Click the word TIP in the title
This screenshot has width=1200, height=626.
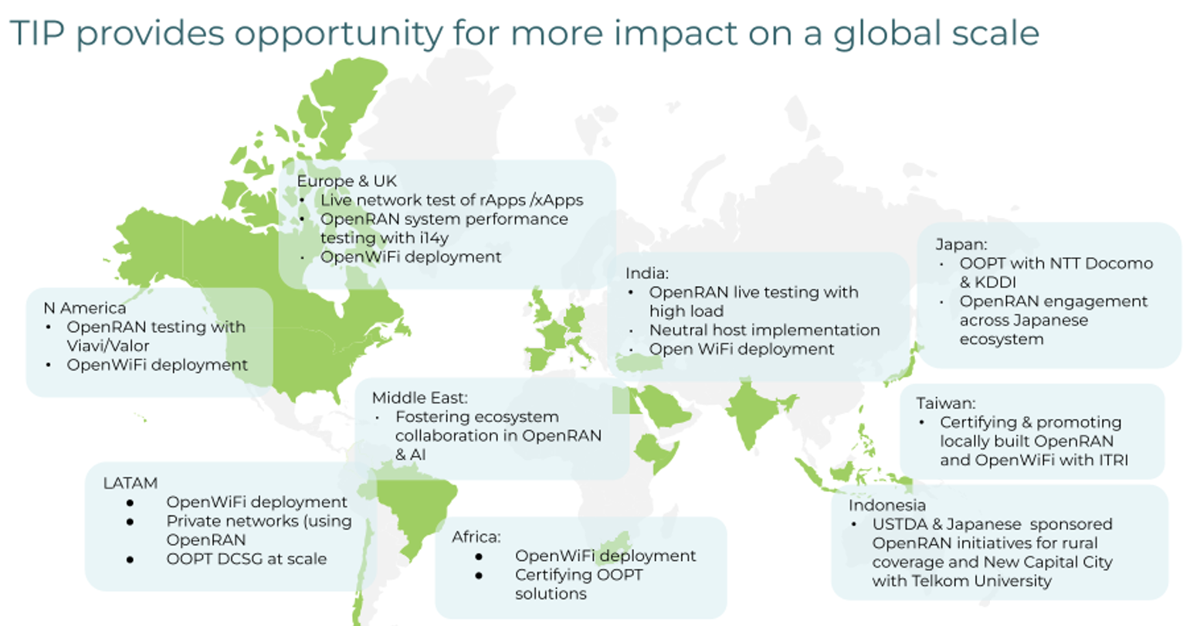tap(38, 33)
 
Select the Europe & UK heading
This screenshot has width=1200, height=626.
tap(347, 181)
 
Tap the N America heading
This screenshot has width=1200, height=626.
tap(85, 308)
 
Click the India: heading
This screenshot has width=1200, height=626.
tap(647, 274)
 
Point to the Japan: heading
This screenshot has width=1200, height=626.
tap(961, 244)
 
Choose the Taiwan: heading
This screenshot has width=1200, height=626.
tap(945, 403)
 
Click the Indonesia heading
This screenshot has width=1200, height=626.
tap(887, 505)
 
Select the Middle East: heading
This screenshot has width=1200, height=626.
tap(420, 398)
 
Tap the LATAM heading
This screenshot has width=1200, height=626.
tap(131, 484)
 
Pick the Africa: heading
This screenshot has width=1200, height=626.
tap(476, 537)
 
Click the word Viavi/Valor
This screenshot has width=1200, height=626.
tap(107, 346)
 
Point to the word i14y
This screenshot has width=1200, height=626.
tap(434, 239)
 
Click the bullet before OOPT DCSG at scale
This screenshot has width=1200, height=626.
tap(131, 560)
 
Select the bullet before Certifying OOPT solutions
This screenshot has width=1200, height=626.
tap(479, 576)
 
